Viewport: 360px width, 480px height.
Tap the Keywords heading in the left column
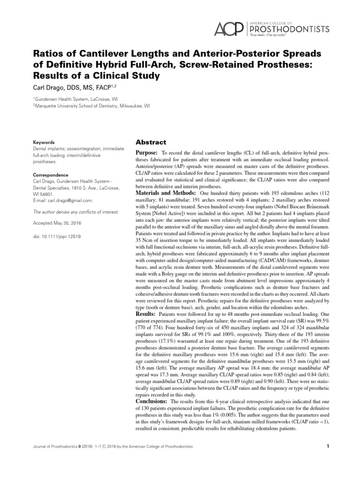[44, 142]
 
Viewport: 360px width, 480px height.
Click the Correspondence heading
[50, 173]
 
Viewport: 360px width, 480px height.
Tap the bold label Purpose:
[147, 153]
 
